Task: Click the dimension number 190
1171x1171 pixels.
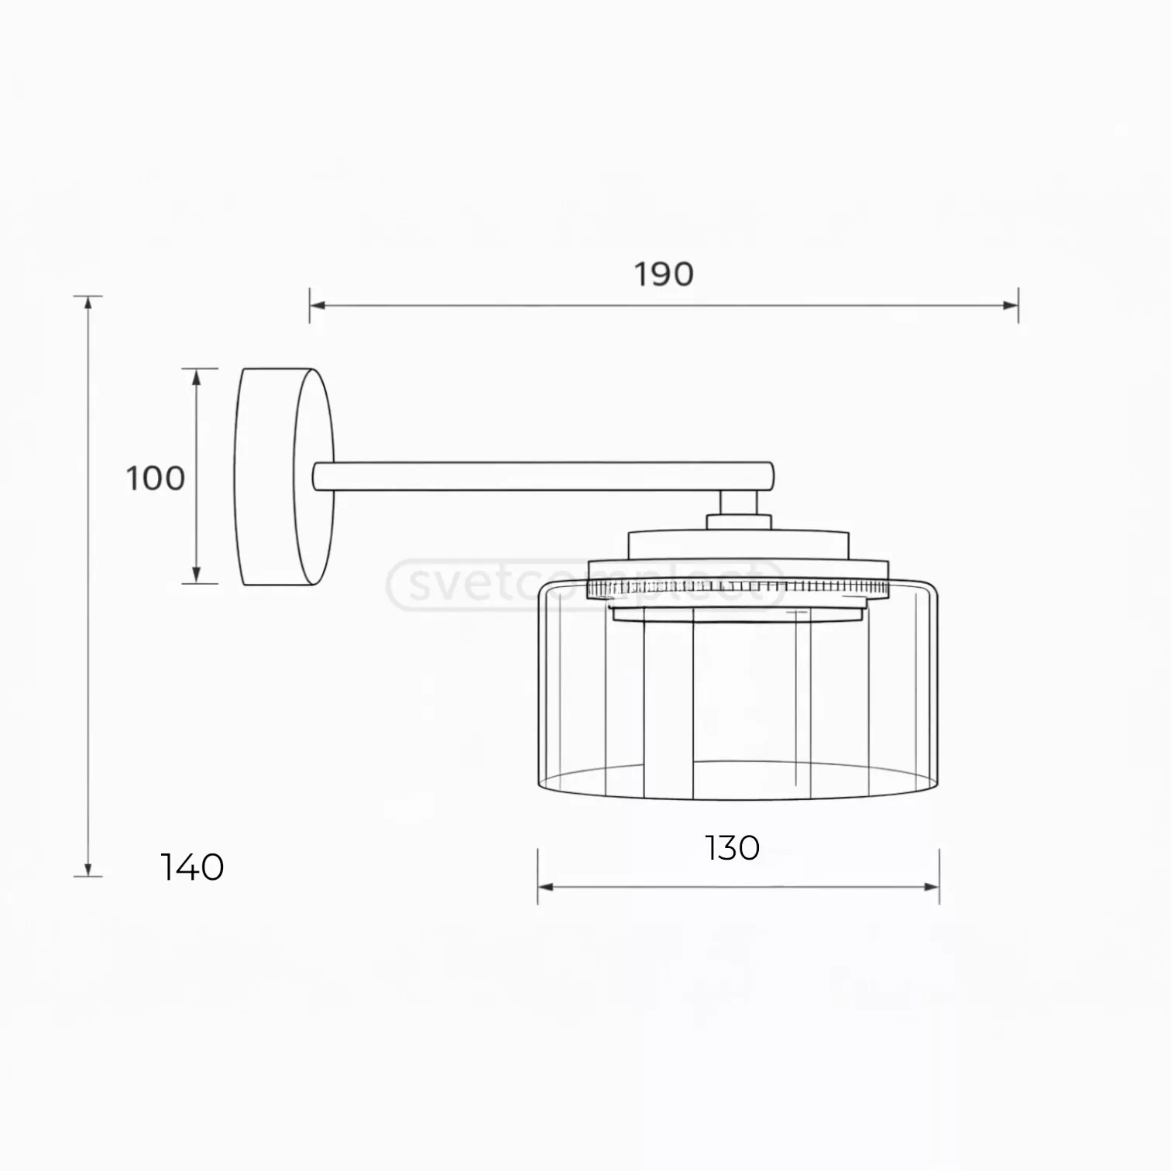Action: [664, 274]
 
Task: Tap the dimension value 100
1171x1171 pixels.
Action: [156, 479]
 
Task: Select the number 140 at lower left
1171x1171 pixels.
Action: [192, 867]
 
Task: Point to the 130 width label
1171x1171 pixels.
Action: [732, 848]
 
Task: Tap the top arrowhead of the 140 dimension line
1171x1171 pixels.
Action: [88, 303]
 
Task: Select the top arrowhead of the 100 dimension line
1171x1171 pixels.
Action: [196, 376]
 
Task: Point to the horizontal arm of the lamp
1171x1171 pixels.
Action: [542, 476]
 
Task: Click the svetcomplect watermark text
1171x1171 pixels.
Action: [585, 585]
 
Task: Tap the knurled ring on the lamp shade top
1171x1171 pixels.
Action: [738, 589]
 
